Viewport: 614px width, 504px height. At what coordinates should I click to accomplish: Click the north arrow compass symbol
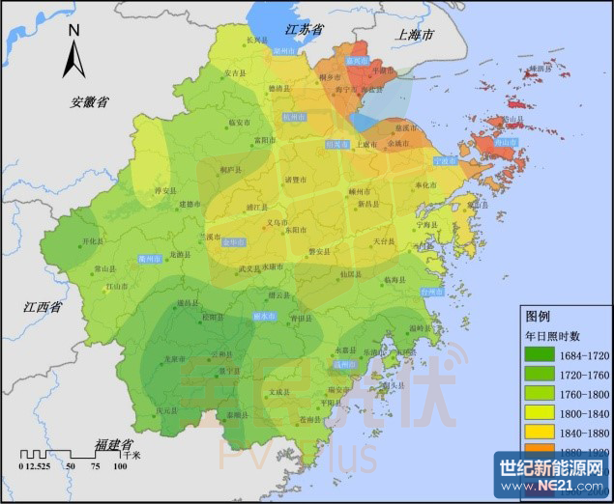(73, 52)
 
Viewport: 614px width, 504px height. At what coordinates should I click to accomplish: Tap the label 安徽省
(89, 101)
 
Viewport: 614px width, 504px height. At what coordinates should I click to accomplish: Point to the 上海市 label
(416, 34)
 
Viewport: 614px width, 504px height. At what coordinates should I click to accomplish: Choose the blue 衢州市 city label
(148, 259)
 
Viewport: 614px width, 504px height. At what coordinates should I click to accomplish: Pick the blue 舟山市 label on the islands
(506, 142)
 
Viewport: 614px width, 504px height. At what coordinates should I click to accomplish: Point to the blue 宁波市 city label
(446, 160)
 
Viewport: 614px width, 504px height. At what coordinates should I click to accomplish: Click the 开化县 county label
(92, 241)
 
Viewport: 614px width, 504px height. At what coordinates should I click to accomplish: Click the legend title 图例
(537, 316)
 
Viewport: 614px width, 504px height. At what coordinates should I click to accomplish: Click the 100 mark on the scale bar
(120, 467)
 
